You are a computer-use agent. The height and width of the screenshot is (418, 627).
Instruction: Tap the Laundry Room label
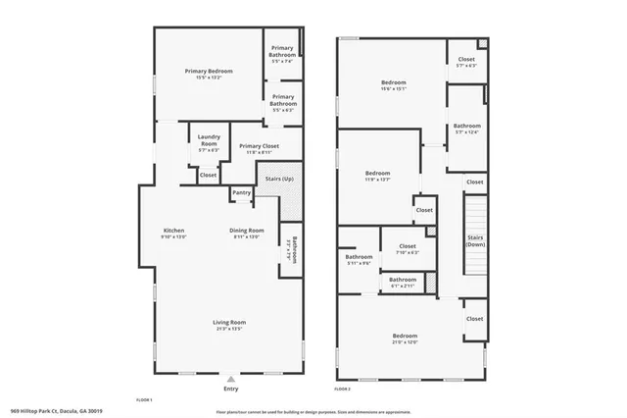pyautogui.click(x=208, y=139)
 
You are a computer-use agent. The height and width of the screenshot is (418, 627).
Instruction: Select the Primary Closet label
pyautogui.click(x=259, y=146)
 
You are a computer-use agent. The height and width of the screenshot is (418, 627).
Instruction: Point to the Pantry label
pyautogui.click(x=241, y=192)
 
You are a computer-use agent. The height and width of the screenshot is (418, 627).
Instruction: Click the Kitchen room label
pyautogui.click(x=173, y=231)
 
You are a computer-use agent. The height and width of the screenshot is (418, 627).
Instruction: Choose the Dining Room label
pyautogui.click(x=247, y=231)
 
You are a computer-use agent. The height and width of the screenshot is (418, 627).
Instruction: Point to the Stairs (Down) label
pyautogui.click(x=475, y=240)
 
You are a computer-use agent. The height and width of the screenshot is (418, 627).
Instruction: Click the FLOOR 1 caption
pyautogui.click(x=144, y=400)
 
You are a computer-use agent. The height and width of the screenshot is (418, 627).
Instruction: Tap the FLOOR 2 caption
pyautogui.click(x=342, y=390)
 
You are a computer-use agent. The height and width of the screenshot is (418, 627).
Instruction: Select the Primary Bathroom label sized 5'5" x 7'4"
pyautogui.click(x=283, y=51)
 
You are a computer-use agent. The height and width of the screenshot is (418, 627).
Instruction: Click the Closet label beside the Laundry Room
pyautogui.click(x=209, y=175)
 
